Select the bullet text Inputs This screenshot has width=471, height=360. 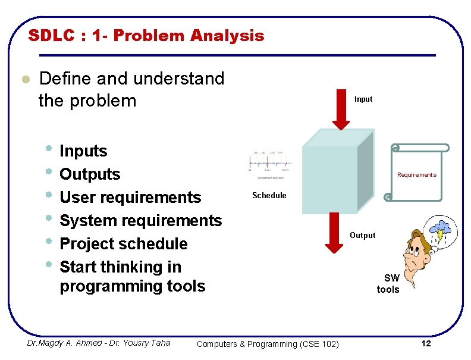84,151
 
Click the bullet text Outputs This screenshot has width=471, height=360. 90,174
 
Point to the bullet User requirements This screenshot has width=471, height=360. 130,198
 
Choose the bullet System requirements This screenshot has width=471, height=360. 140,221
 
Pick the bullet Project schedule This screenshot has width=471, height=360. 124,244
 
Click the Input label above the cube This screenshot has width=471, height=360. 363,99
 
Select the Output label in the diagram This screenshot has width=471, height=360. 363,236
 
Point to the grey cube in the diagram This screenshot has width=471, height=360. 337,173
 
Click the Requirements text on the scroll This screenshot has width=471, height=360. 417,175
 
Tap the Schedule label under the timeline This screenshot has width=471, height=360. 269,195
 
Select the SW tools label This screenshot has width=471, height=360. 388,284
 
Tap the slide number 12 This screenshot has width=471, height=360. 425,344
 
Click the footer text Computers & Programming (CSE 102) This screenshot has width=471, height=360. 268,344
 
